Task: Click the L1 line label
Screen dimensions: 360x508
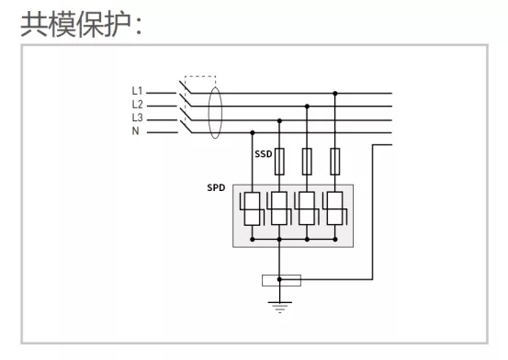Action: [137, 91]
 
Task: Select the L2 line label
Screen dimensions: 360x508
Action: [137, 105]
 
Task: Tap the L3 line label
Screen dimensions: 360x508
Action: [137, 118]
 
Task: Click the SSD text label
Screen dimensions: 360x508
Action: [264, 155]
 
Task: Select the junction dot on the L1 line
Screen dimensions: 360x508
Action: [335, 92]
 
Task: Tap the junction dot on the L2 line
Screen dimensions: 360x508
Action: [308, 106]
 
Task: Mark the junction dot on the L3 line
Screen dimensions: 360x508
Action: [280, 118]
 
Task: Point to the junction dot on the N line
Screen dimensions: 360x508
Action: [253, 131]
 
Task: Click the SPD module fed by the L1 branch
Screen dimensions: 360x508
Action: [335, 208]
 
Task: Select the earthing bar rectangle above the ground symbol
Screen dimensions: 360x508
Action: [280, 280]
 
